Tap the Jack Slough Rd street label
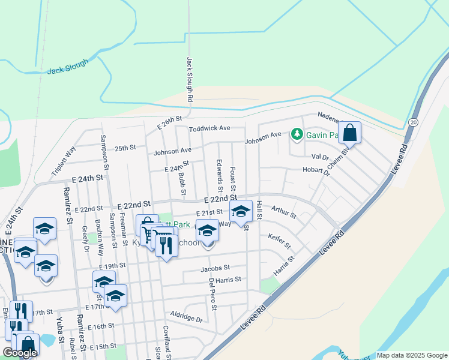[189, 79]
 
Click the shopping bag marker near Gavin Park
[349, 133]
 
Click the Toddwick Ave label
[209, 128]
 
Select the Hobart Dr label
[316, 170]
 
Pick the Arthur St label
[283, 211]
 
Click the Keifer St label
[279, 241]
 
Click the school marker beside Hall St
[241, 212]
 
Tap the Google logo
[20, 353]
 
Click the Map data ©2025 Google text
[412, 356]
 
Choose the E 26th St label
[169, 124]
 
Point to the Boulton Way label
[100, 242]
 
